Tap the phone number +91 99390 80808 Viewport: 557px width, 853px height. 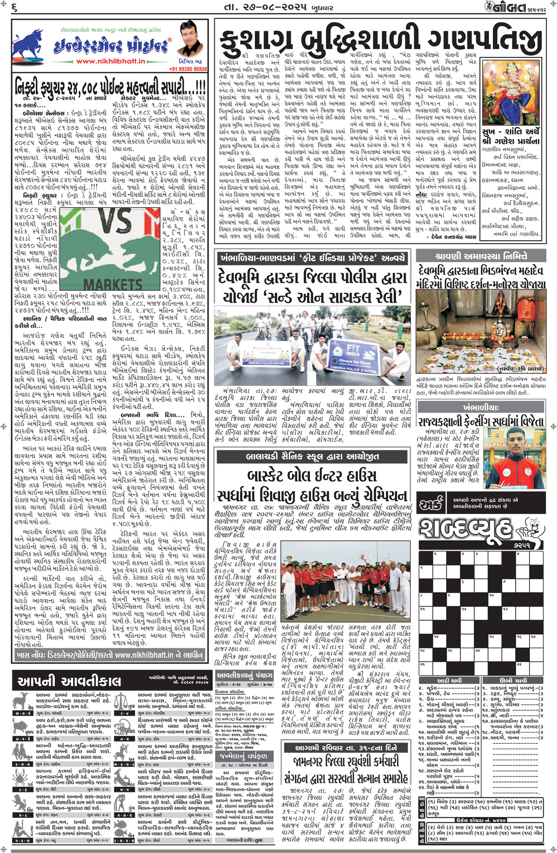coord(188,69)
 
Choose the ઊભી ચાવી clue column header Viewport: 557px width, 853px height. coord(512,681)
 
